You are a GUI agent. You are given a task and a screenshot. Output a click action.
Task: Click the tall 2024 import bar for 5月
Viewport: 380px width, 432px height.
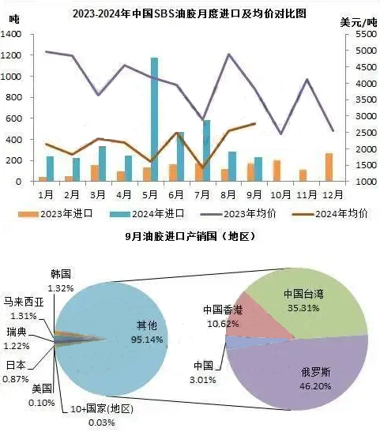click(154, 119)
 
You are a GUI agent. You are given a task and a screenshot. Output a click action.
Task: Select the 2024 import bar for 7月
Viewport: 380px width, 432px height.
click(206, 151)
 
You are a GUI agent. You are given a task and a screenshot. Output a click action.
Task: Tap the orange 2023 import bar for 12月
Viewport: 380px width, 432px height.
click(329, 167)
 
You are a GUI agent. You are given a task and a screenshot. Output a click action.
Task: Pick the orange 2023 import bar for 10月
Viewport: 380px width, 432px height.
click(277, 171)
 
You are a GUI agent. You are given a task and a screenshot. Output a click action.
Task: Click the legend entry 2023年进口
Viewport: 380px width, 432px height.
click(55, 214)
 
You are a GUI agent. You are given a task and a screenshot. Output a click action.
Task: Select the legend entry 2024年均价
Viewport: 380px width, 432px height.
click(330, 214)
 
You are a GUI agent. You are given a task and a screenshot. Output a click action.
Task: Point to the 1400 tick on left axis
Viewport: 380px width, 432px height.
click(11, 34)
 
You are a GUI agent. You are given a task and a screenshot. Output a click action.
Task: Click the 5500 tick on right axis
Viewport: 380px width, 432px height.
click(366, 34)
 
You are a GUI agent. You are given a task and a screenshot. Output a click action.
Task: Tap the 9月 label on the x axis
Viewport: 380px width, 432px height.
click(254, 195)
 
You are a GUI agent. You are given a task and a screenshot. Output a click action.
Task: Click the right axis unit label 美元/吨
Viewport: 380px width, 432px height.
click(358, 22)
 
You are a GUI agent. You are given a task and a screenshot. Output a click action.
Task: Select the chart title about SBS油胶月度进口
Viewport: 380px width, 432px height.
click(190, 13)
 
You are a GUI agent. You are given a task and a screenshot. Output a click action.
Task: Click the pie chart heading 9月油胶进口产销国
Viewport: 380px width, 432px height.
click(190, 236)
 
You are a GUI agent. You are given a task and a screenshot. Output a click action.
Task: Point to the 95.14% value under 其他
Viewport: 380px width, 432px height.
click(147, 339)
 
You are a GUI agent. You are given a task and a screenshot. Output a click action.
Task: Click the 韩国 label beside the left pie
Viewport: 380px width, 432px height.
click(61, 274)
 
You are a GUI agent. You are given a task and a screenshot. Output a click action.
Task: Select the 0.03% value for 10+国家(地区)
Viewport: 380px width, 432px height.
click(101, 423)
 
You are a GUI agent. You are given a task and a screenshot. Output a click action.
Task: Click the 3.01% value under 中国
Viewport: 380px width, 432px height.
click(202, 380)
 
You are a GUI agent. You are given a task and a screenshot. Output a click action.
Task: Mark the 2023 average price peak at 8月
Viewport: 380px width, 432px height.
click(229, 54)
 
